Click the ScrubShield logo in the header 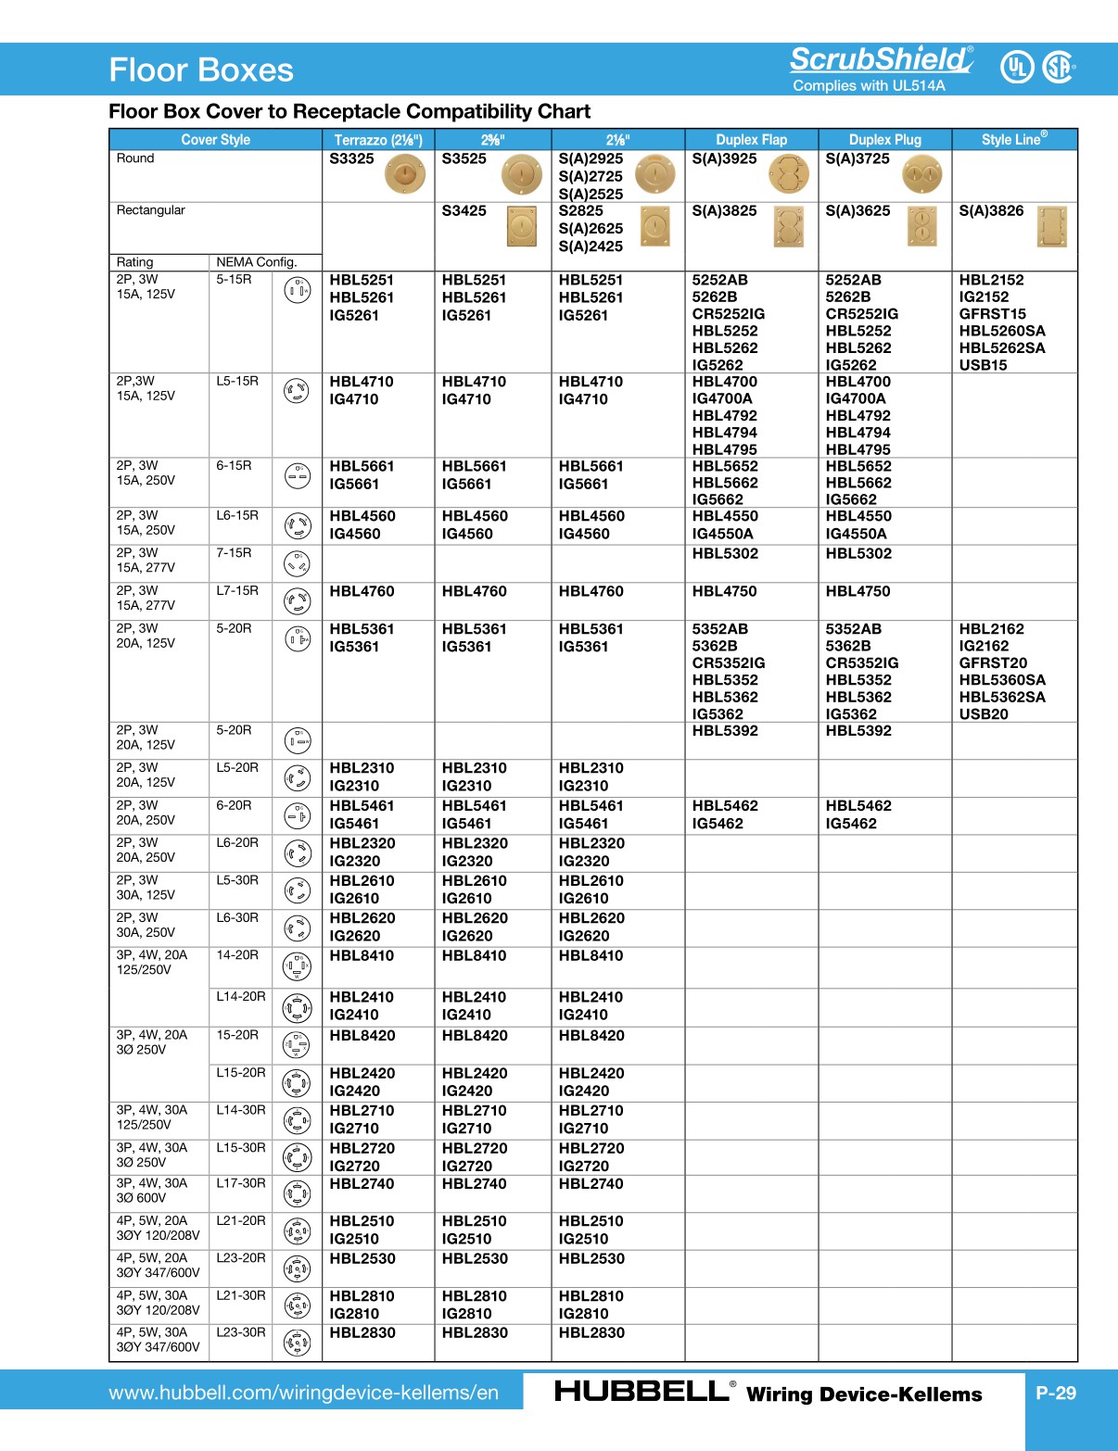pos(881,59)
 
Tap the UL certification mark pos(1017,67)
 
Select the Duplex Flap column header pos(751,140)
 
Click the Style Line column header pos(1014,139)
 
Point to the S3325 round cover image pos(405,174)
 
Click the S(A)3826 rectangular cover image pos(1052,227)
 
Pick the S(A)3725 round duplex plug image pos(921,174)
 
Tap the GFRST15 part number pos(992,314)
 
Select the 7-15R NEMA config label pos(234,553)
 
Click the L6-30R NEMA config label pos(237,917)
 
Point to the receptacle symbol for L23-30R pos(297,1342)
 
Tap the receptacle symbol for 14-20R pos(297,966)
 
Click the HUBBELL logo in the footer pos(642,1392)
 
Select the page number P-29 pos(1056,1393)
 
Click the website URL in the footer pos(303,1393)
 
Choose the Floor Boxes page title pos(201,70)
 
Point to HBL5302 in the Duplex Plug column pos(858,554)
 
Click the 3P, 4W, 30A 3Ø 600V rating pos(152,1191)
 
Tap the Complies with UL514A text pos(869,86)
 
